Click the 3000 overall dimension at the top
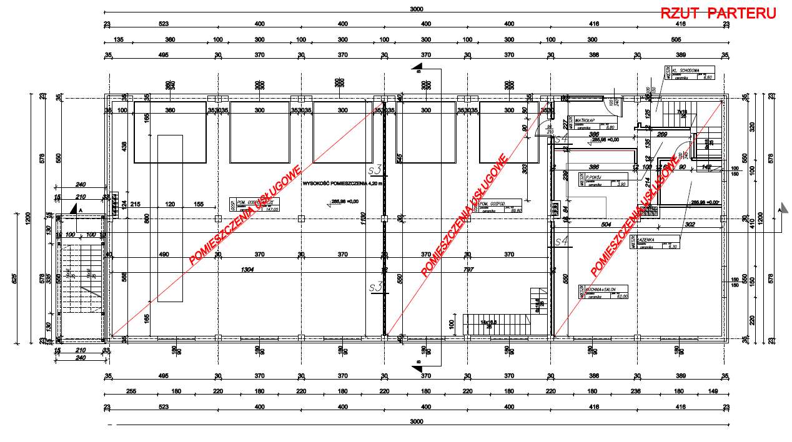pos(417,9)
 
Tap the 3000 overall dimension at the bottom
pos(417,422)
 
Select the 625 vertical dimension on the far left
pos(13,279)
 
